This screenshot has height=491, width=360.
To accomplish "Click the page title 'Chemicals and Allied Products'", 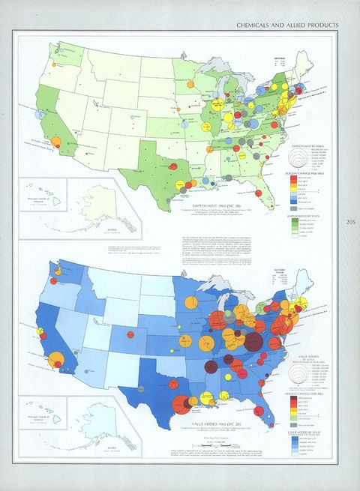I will coord(287,25).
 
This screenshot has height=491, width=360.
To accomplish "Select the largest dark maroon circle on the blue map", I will coord(253,342).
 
